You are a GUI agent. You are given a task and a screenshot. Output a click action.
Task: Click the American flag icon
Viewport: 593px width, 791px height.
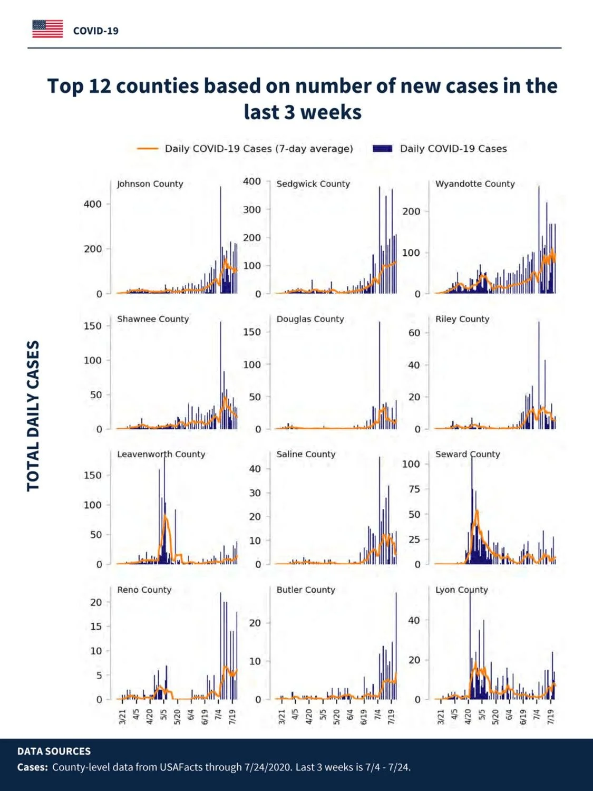click(47, 29)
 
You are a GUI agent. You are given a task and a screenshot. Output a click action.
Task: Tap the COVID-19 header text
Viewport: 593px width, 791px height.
click(96, 31)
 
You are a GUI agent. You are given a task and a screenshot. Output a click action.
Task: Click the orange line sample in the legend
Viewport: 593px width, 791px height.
click(148, 149)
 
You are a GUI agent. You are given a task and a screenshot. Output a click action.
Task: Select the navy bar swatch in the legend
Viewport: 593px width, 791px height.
click(382, 149)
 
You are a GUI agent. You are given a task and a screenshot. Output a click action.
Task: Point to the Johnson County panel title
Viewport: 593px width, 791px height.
click(150, 184)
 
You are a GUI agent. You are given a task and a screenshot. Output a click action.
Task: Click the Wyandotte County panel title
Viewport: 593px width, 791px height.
click(475, 184)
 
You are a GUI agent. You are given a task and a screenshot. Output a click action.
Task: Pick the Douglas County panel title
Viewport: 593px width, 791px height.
click(310, 319)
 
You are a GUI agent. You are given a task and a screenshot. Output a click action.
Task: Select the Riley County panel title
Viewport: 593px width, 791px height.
click(462, 319)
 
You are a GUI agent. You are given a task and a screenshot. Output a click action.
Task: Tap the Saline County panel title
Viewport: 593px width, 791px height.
click(306, 454)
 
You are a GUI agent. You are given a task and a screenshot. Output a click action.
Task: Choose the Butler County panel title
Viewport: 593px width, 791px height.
click(306, 590)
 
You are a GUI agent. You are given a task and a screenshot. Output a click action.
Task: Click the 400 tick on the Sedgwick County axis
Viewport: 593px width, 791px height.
click(252, 181)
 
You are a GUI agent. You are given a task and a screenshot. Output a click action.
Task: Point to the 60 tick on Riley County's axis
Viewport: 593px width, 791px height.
click(414, 333)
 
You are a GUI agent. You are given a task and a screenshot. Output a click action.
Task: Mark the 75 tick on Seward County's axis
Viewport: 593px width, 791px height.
click(414, 489)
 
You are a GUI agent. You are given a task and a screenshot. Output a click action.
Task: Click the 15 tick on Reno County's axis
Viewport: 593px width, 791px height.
click(96, 626)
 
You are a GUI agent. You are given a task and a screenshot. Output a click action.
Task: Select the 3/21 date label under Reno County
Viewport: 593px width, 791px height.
click(122, 717)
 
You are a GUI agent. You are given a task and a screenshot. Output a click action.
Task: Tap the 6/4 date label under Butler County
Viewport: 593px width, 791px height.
click(350, 715)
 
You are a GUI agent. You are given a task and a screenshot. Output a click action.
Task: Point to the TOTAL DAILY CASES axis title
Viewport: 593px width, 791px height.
click(33, 416)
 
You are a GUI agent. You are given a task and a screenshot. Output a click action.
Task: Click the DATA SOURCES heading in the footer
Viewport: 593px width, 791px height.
click(54, 751)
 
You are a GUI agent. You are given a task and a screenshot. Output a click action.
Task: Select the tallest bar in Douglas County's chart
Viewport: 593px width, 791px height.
click(379, 375)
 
